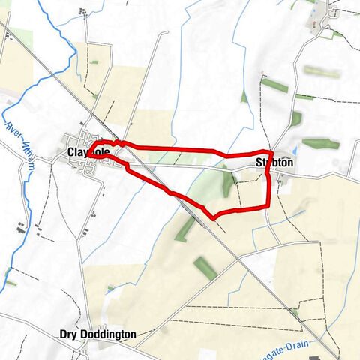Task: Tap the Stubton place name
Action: (x=274, y=162)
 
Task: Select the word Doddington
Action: (x=107, y=334)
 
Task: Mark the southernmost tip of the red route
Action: (x=215, y=218)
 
